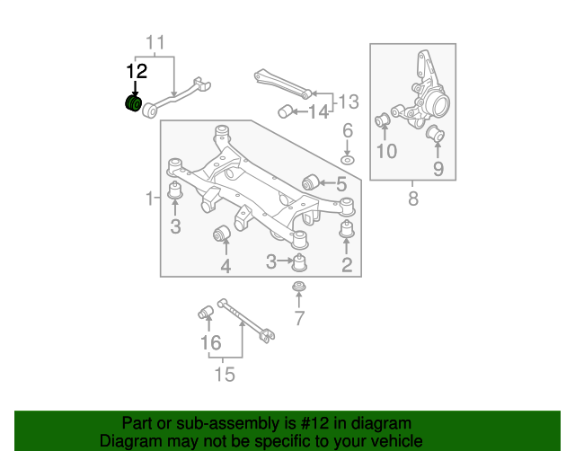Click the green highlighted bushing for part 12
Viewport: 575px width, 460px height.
point(131,104)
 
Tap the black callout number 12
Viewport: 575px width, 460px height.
point(136,71)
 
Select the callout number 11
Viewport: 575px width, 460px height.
point(155,42)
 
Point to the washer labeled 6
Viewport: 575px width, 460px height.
point(348,161)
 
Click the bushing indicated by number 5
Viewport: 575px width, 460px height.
point(314,181)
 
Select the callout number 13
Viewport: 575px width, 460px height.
point(348,101)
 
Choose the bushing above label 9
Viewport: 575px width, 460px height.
point(437,136)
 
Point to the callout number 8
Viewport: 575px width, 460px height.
point(413,199)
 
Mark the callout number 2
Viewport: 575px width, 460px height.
point(347,264)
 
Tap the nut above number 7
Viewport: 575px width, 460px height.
point(298,287)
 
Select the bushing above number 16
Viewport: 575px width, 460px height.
point(205,314)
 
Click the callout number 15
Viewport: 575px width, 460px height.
point(225,373)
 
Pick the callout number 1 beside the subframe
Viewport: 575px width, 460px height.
point(150,197)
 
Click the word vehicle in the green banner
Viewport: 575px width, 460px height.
point(393,441)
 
